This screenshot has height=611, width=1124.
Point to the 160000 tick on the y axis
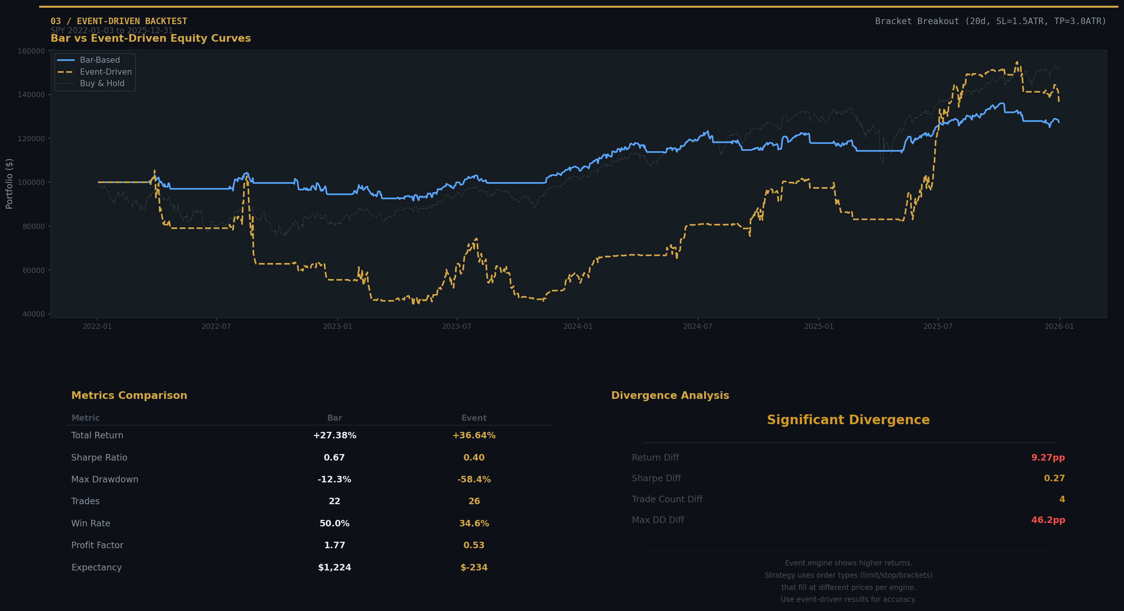[x=31, y=51]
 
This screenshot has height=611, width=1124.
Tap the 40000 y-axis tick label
[x=31, y=314]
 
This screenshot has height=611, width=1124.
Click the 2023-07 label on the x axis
[x=457, y=327]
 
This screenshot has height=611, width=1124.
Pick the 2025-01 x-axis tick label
[x=819, y=327]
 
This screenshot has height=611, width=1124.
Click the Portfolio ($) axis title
[x=9, y=184]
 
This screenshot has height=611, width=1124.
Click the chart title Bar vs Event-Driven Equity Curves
[x=150, y=38]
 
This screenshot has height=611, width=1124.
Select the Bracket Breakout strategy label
[x=990, y=21]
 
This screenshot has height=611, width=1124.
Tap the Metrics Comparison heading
[x=129, y=395]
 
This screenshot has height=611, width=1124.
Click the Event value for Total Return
[x=474, y=435]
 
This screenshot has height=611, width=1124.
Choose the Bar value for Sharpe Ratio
[x=334, y=457]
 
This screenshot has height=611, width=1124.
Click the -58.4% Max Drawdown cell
[x=474, y=479]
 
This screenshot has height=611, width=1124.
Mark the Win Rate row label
[x=91, y=523]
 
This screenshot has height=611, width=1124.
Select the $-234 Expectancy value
[x=474, y=567]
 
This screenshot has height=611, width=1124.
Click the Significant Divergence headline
[x=848, y=420]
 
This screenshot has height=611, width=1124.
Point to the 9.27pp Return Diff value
[x=1047, y=457]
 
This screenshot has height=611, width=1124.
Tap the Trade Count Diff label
[x=667, y=499]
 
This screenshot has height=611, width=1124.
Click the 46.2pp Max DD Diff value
[x=1047, y=520]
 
